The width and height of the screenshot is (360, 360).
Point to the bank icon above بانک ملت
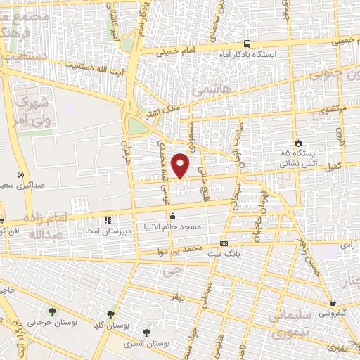coord(224,243)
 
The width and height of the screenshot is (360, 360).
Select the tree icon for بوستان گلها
coord(110,314)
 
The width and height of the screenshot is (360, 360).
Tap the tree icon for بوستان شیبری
coord(146,331)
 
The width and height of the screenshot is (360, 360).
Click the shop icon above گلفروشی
coord(332,303)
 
